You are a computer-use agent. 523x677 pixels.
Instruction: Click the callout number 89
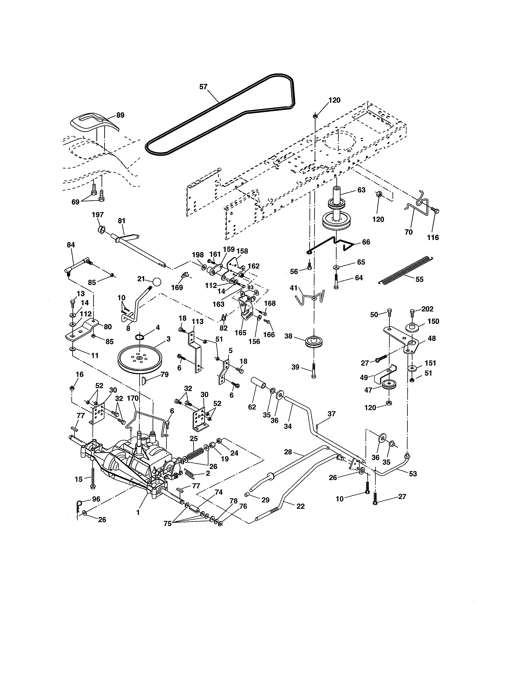[x=120, y=115]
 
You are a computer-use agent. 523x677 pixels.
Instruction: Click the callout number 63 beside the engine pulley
[x=361, y=190]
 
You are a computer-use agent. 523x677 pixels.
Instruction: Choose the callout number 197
[x=98, y=215]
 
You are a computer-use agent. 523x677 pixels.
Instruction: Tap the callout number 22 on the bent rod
[x=300, y=506]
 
